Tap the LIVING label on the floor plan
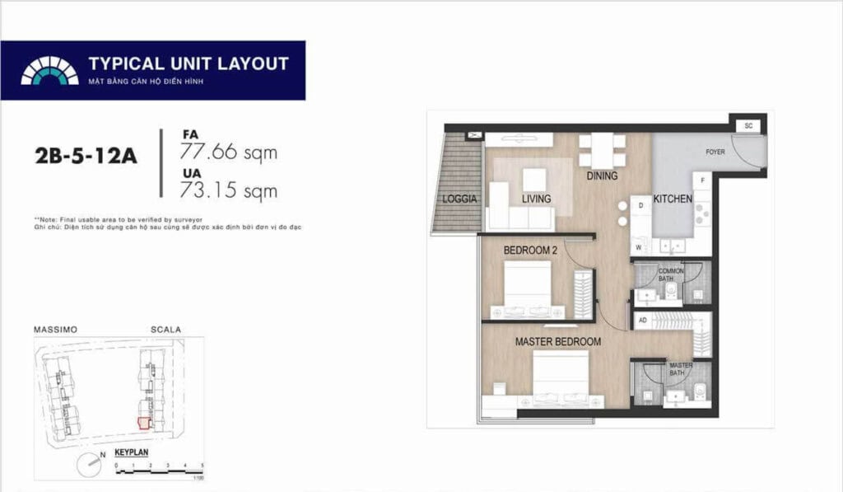tap(536, 199)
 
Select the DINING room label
tap(602, 176)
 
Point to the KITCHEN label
tap(673, 199)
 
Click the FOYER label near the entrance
tap(715, 152)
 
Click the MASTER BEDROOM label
tap(557, 341)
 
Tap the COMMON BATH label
tap(671, 274)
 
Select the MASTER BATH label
tap(681, 369)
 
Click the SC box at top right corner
tap(748, 125)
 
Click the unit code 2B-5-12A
tap(86, 155)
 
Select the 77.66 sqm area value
tap(228, 152)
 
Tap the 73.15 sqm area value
tap(228, 190)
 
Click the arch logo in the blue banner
tap(49, 71)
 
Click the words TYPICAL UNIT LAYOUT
tap(189, 63)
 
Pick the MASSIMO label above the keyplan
tap(55, 330)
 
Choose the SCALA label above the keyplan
tap(165, 330)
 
